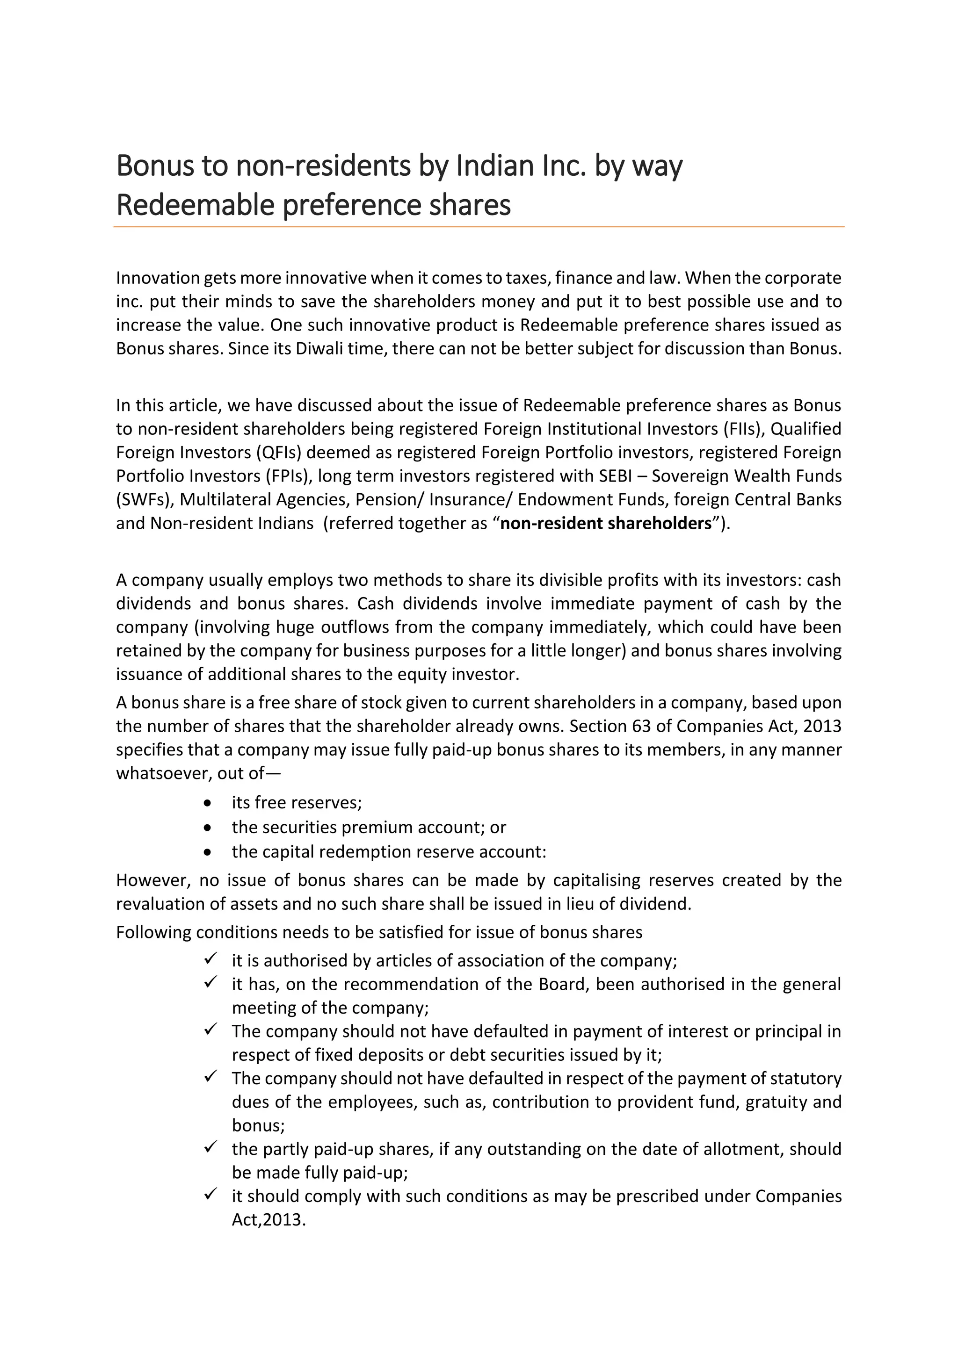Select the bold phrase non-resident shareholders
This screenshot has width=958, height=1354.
[606, 523]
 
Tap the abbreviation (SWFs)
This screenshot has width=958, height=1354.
[144, 499]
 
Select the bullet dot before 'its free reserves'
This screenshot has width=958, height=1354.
[206, 803]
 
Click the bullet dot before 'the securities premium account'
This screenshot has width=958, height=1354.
[206, 828]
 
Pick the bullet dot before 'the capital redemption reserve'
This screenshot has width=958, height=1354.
[206, 853]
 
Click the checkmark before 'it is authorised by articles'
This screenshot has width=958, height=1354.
[210, 959]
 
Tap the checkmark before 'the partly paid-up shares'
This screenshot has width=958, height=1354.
[210, 1148]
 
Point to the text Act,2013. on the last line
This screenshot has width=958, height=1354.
[269, 1219]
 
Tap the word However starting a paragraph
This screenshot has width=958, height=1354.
[152, 880]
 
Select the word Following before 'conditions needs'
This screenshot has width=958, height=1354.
[153, 932]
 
